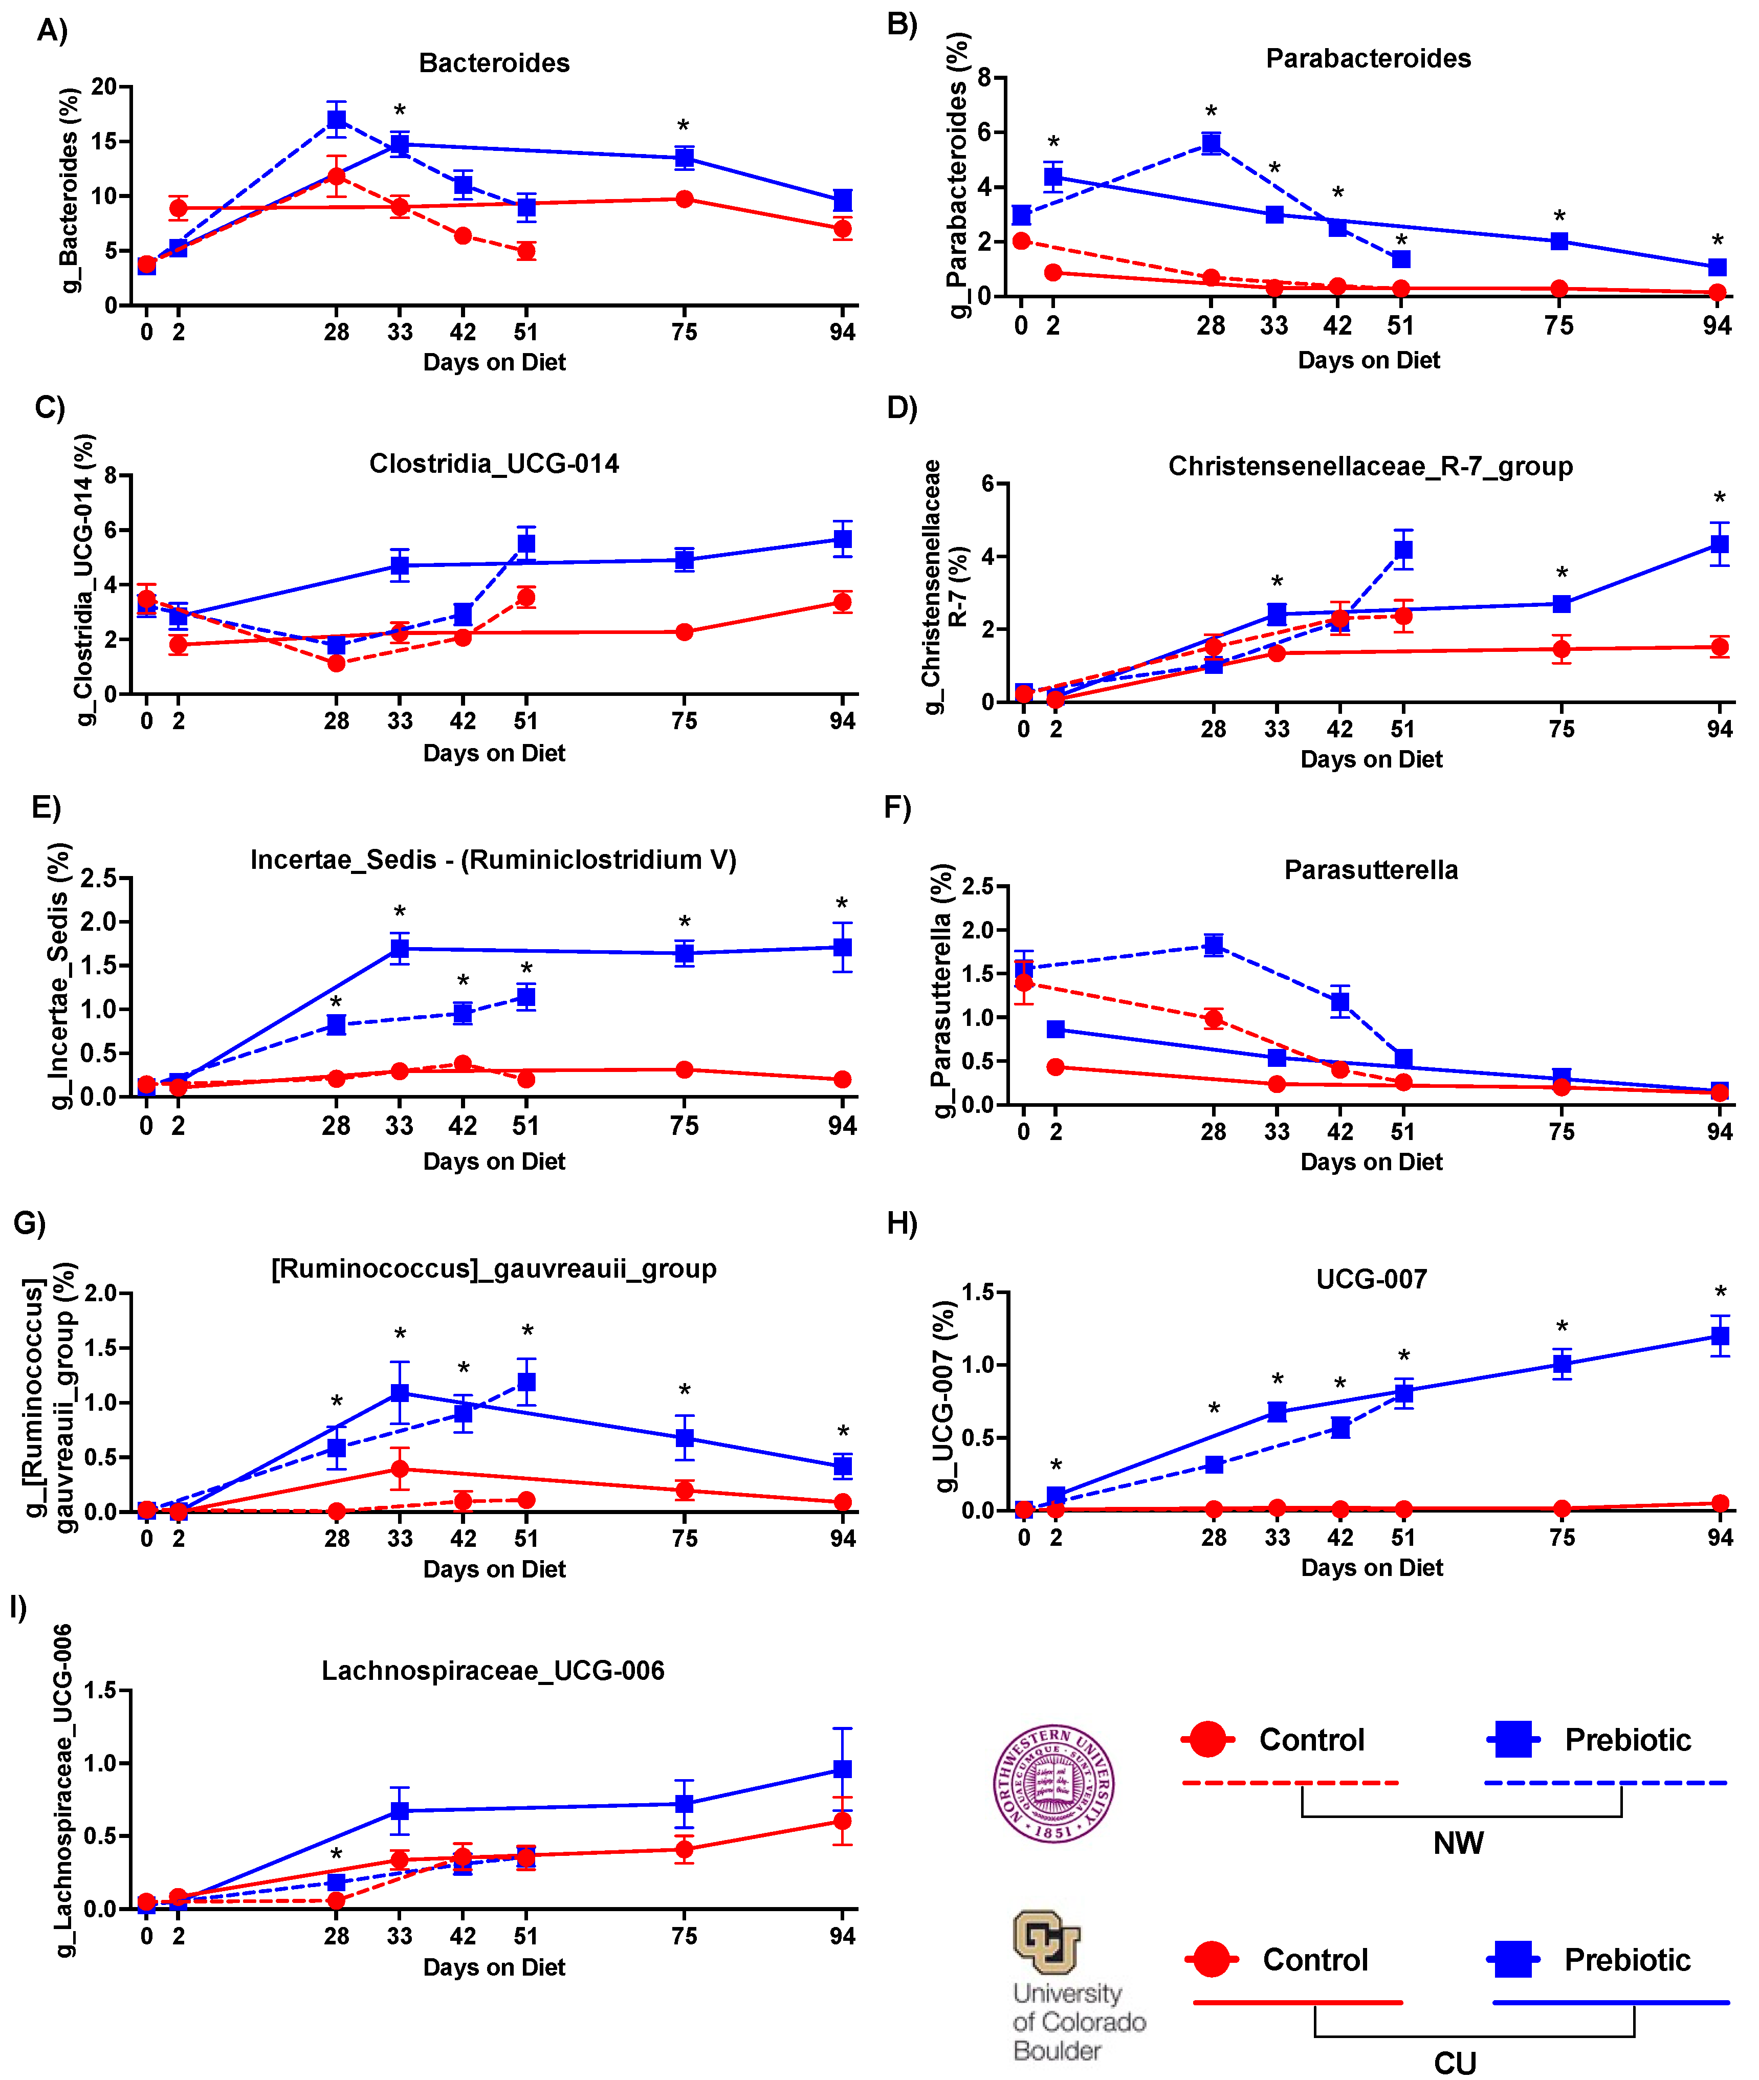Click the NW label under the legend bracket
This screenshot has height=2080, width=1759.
click(x=1458, y=1843)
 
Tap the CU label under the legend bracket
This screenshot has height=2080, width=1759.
click(x=1455, y=2062)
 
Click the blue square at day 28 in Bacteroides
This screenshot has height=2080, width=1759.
click(x=337, y=120)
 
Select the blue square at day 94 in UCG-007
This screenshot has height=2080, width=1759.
click(x=1719, y=1336)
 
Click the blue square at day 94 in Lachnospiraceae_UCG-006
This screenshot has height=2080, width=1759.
click(x=843, y=1769)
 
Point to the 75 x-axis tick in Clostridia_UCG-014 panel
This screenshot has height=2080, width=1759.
click(x=684, y=721)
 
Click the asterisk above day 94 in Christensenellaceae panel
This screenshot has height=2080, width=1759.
click(x=1719, y=498)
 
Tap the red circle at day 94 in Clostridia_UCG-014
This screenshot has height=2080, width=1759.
click(x=843, y=601)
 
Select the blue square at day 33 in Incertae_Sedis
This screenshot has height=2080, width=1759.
click(x=400, y=948)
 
